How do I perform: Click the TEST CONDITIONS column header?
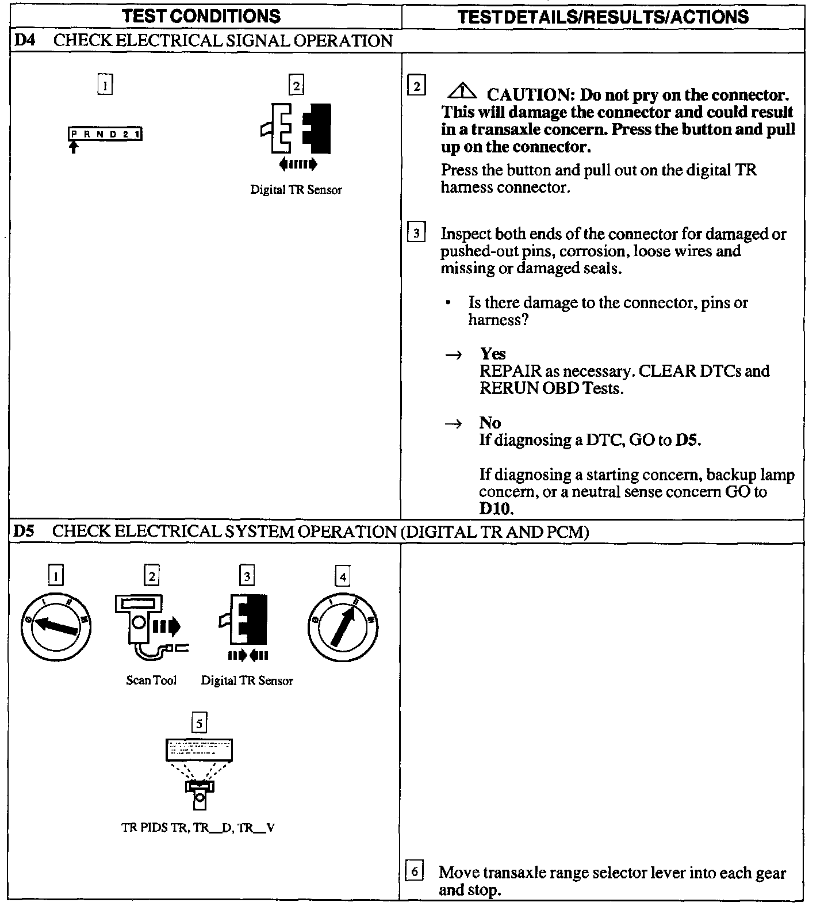(x=201, y=16)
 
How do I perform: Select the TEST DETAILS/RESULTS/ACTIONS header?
(x=603, y=16)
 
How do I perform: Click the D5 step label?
(x=24, y=531)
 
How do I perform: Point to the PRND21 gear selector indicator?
(x=105, y=135)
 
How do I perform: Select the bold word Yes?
(x=493, y=354)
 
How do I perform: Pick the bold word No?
(x=490, y=423)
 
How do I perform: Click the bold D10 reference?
(x=496, y=509)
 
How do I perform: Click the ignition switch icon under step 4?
(x=342, y=627)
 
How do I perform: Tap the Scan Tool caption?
(x=151, y=680)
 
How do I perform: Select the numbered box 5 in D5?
(x=199, y=723)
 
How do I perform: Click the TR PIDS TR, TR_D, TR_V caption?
(x=198, y=828)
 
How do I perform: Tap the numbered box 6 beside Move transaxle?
(x=414, y=871)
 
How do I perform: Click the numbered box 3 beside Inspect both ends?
(x=416, y=234)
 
